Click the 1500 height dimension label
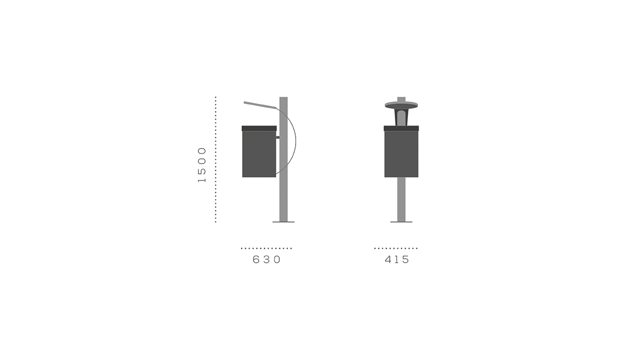pyautogui.click(x=202, y=165)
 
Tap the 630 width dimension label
pyautogui.click(x=266, y=260)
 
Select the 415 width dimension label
pyautogui.click(x=397, y=260)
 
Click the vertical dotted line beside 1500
pyautogui.click(x=215, y=159)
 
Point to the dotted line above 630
pyautogui.click(x=266, y=248)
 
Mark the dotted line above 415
pyautogui.click(x=396, y=248)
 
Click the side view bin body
pyautogui.click(x=259, y=154)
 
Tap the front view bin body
pyautogui.click(x=402, y=154)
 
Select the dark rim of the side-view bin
pyautogui.click(x=259, y=129)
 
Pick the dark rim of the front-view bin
pyautogui.click(x=402, y=129)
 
